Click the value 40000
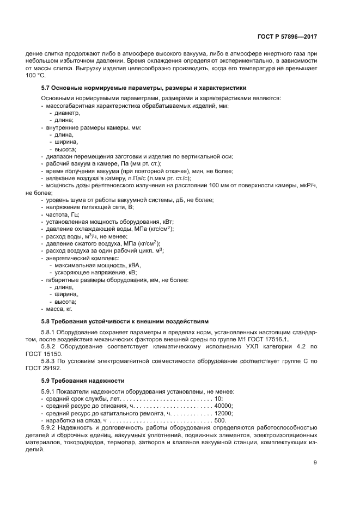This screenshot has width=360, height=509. coord(223,406)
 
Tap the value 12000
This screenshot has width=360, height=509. coord(223,413)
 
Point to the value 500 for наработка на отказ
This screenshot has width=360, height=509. coord(219,421)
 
